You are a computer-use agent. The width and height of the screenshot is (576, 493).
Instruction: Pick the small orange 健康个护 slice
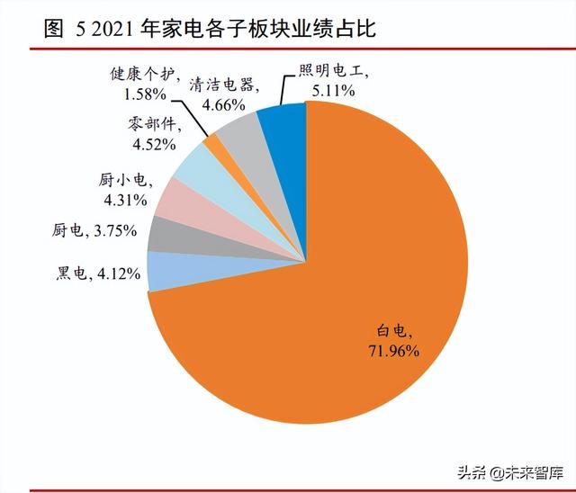tap(213, 141)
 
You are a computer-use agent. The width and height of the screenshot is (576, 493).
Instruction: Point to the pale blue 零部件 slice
tap(193, 163)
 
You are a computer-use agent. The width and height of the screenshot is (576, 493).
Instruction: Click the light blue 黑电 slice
tap(162, 270)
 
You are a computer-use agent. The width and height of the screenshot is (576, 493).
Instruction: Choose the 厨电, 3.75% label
tap(94, 230)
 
